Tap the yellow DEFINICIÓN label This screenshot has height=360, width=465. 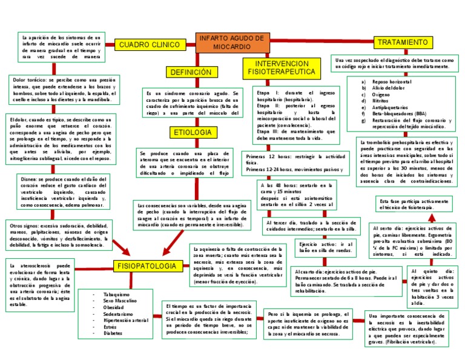pos(191,72)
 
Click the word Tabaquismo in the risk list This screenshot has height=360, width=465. pos(117,294)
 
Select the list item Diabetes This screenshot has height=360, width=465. pos(113,333)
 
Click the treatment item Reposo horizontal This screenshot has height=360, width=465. pos(392,81)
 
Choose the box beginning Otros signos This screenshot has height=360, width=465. pos(59,235)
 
